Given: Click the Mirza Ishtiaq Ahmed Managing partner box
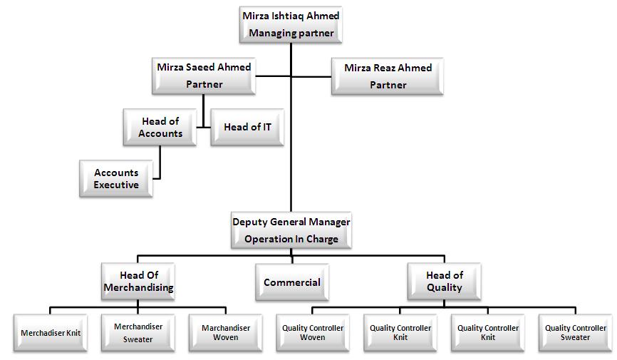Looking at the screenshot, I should click(x=291, y=24).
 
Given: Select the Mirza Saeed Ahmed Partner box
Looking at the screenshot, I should click(x=204, y=76).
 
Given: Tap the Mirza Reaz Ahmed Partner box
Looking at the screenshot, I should click(x=388, y=76).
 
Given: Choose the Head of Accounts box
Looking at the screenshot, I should click(x=160, y=128).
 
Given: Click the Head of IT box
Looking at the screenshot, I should click(x=247, y=128).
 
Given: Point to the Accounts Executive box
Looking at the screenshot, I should click(x=116, y=179).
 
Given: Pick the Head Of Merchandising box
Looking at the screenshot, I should click(x=138, y=282).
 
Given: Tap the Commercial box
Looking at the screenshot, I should click(x=292, y=282).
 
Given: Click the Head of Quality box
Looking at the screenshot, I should click(x=444, y=282).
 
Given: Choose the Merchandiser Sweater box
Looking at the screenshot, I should click(x=138, y=333).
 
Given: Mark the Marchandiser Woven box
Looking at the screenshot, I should click(x=225, y=333).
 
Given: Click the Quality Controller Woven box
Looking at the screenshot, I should click(x=313, y=333).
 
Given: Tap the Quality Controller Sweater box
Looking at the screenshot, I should click(x=575, y=333).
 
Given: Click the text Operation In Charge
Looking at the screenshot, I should click(x=291, y=240).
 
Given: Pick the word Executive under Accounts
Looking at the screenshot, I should click(x=116, y=185).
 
